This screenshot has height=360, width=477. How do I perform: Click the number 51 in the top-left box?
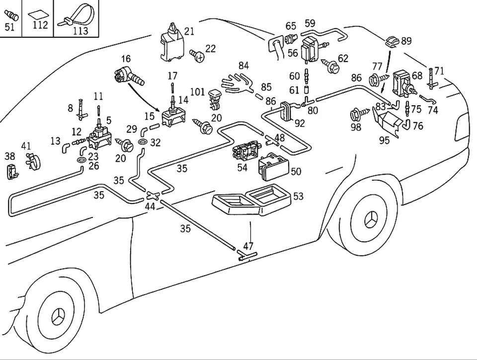point(10,27)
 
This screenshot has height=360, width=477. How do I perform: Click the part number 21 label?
point(189,31)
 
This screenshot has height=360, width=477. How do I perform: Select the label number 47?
point(248,245)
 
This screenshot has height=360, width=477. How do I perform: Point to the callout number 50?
point(296,171)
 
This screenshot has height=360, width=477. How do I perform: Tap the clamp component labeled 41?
point(31,160)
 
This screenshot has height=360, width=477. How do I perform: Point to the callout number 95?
point(384,141)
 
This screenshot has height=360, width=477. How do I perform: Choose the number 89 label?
point(406,41)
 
